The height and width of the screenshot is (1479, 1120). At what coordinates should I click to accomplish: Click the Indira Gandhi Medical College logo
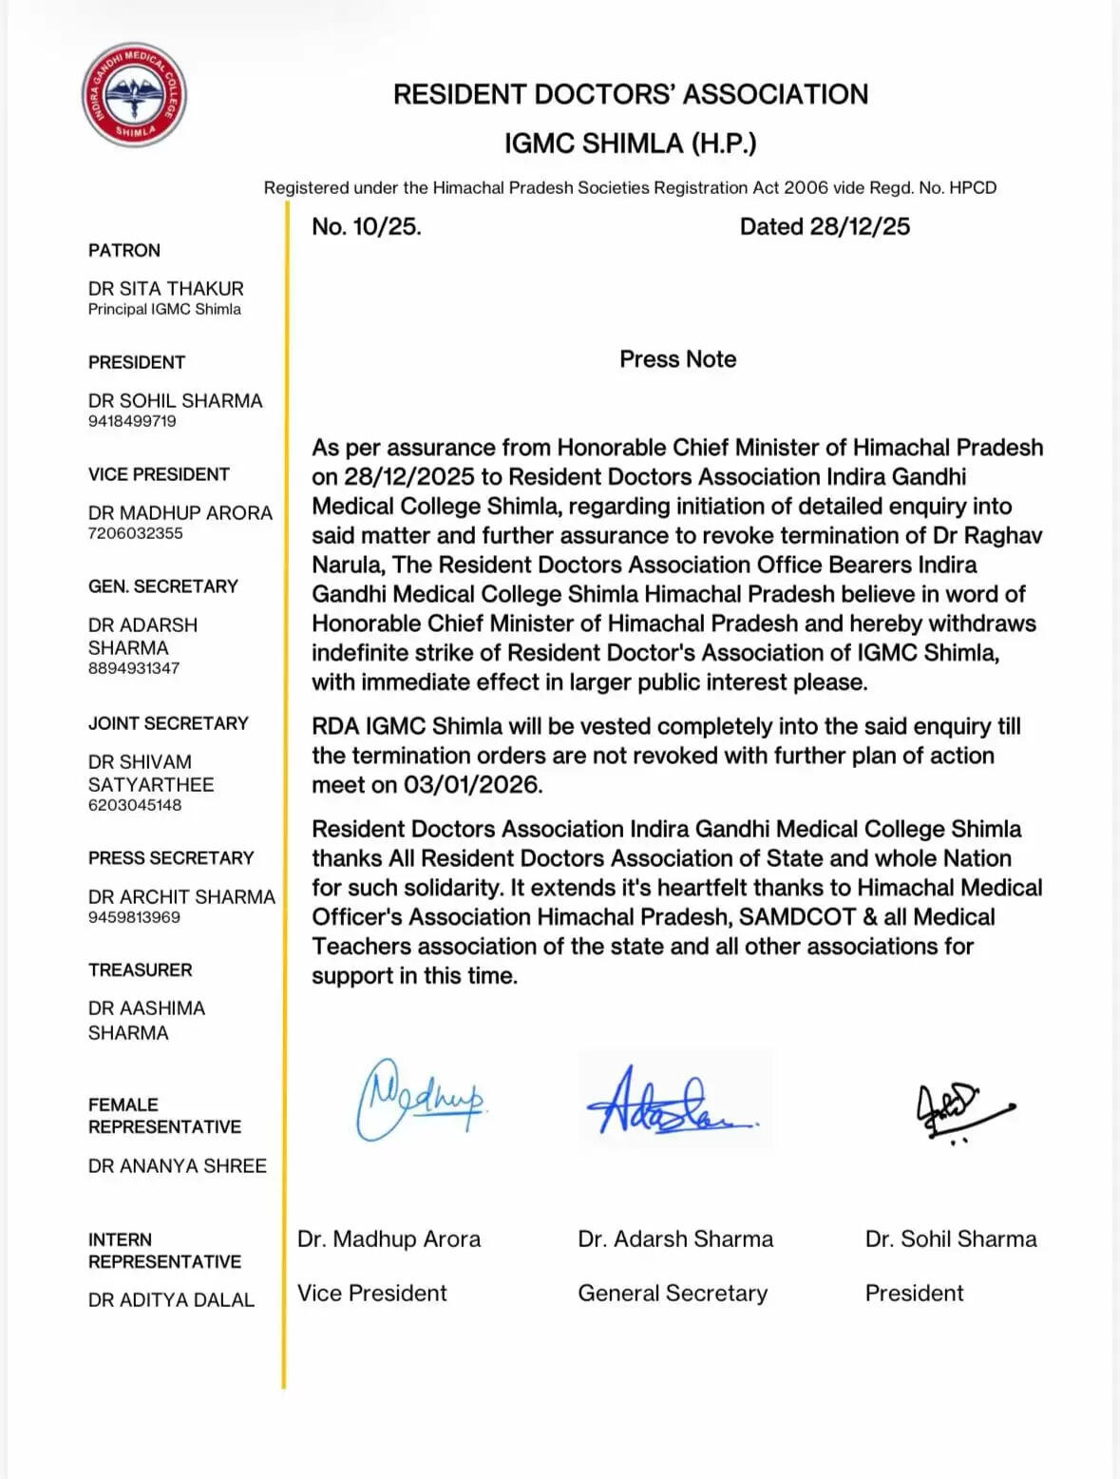click(134, 95)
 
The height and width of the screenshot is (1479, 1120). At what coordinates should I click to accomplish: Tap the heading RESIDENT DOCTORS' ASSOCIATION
click(631, 94)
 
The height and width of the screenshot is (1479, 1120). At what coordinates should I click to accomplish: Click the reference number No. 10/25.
click(367, 226)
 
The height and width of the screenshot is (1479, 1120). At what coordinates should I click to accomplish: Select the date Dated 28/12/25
click(825, 226)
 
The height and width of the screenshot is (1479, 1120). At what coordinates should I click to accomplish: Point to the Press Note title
click(677, 359)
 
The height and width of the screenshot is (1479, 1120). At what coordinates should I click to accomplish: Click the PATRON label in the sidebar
click(124, 251)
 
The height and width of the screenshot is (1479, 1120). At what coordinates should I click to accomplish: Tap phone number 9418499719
click(132, 421)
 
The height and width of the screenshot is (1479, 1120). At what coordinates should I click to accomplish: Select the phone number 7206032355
click(135, 533)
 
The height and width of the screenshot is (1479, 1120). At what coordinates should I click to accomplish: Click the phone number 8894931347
click(134, 668)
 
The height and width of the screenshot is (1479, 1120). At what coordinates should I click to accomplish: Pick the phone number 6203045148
click(135, 805)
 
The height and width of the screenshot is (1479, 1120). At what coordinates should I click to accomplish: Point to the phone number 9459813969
click(134, 917)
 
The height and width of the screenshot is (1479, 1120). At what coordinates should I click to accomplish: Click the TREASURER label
click(140, 970)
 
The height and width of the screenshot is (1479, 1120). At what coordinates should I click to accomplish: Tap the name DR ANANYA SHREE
click(178, 1166)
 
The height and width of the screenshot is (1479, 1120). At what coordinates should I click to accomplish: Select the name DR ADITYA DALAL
click(171, 1300)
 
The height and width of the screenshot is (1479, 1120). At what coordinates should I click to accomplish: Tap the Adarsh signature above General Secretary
click(665, 1104)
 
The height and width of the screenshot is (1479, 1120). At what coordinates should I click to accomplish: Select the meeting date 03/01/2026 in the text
click(472, 785)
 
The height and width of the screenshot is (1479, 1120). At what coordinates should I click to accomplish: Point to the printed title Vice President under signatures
click(371, 1294)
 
